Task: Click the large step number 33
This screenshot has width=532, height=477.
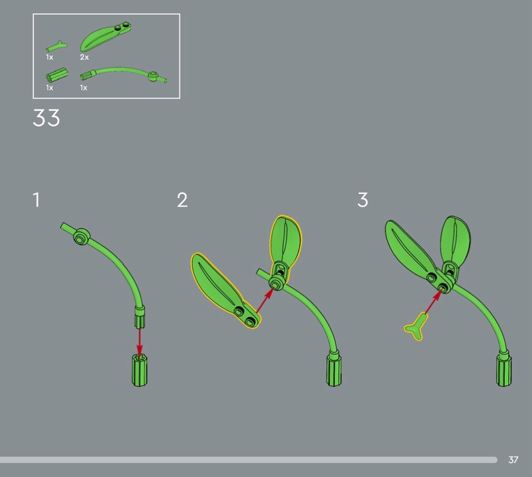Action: coord(46,118)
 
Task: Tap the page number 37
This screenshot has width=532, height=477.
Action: coord(513,460)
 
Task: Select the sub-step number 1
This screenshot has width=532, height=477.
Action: coord(37,200)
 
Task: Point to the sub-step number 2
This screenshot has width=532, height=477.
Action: coord(182,200)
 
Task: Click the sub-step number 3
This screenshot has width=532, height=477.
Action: coord(362,200)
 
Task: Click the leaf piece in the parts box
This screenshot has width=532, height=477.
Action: coord(105,37)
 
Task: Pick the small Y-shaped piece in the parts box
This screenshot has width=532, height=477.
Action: coord(57,46)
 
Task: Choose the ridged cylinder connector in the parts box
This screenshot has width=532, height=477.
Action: coord(57,75)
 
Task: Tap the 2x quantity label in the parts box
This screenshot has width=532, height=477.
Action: coord(84,57)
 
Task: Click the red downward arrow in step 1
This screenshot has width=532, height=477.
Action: coord(140,341)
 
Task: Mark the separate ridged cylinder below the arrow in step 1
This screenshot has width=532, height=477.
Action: coord(140,370)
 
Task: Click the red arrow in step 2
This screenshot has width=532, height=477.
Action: coord(265,300)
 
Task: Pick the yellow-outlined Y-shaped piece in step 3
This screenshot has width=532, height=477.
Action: coord(416,327)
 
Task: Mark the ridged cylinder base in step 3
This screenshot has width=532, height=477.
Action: coord(504,370)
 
